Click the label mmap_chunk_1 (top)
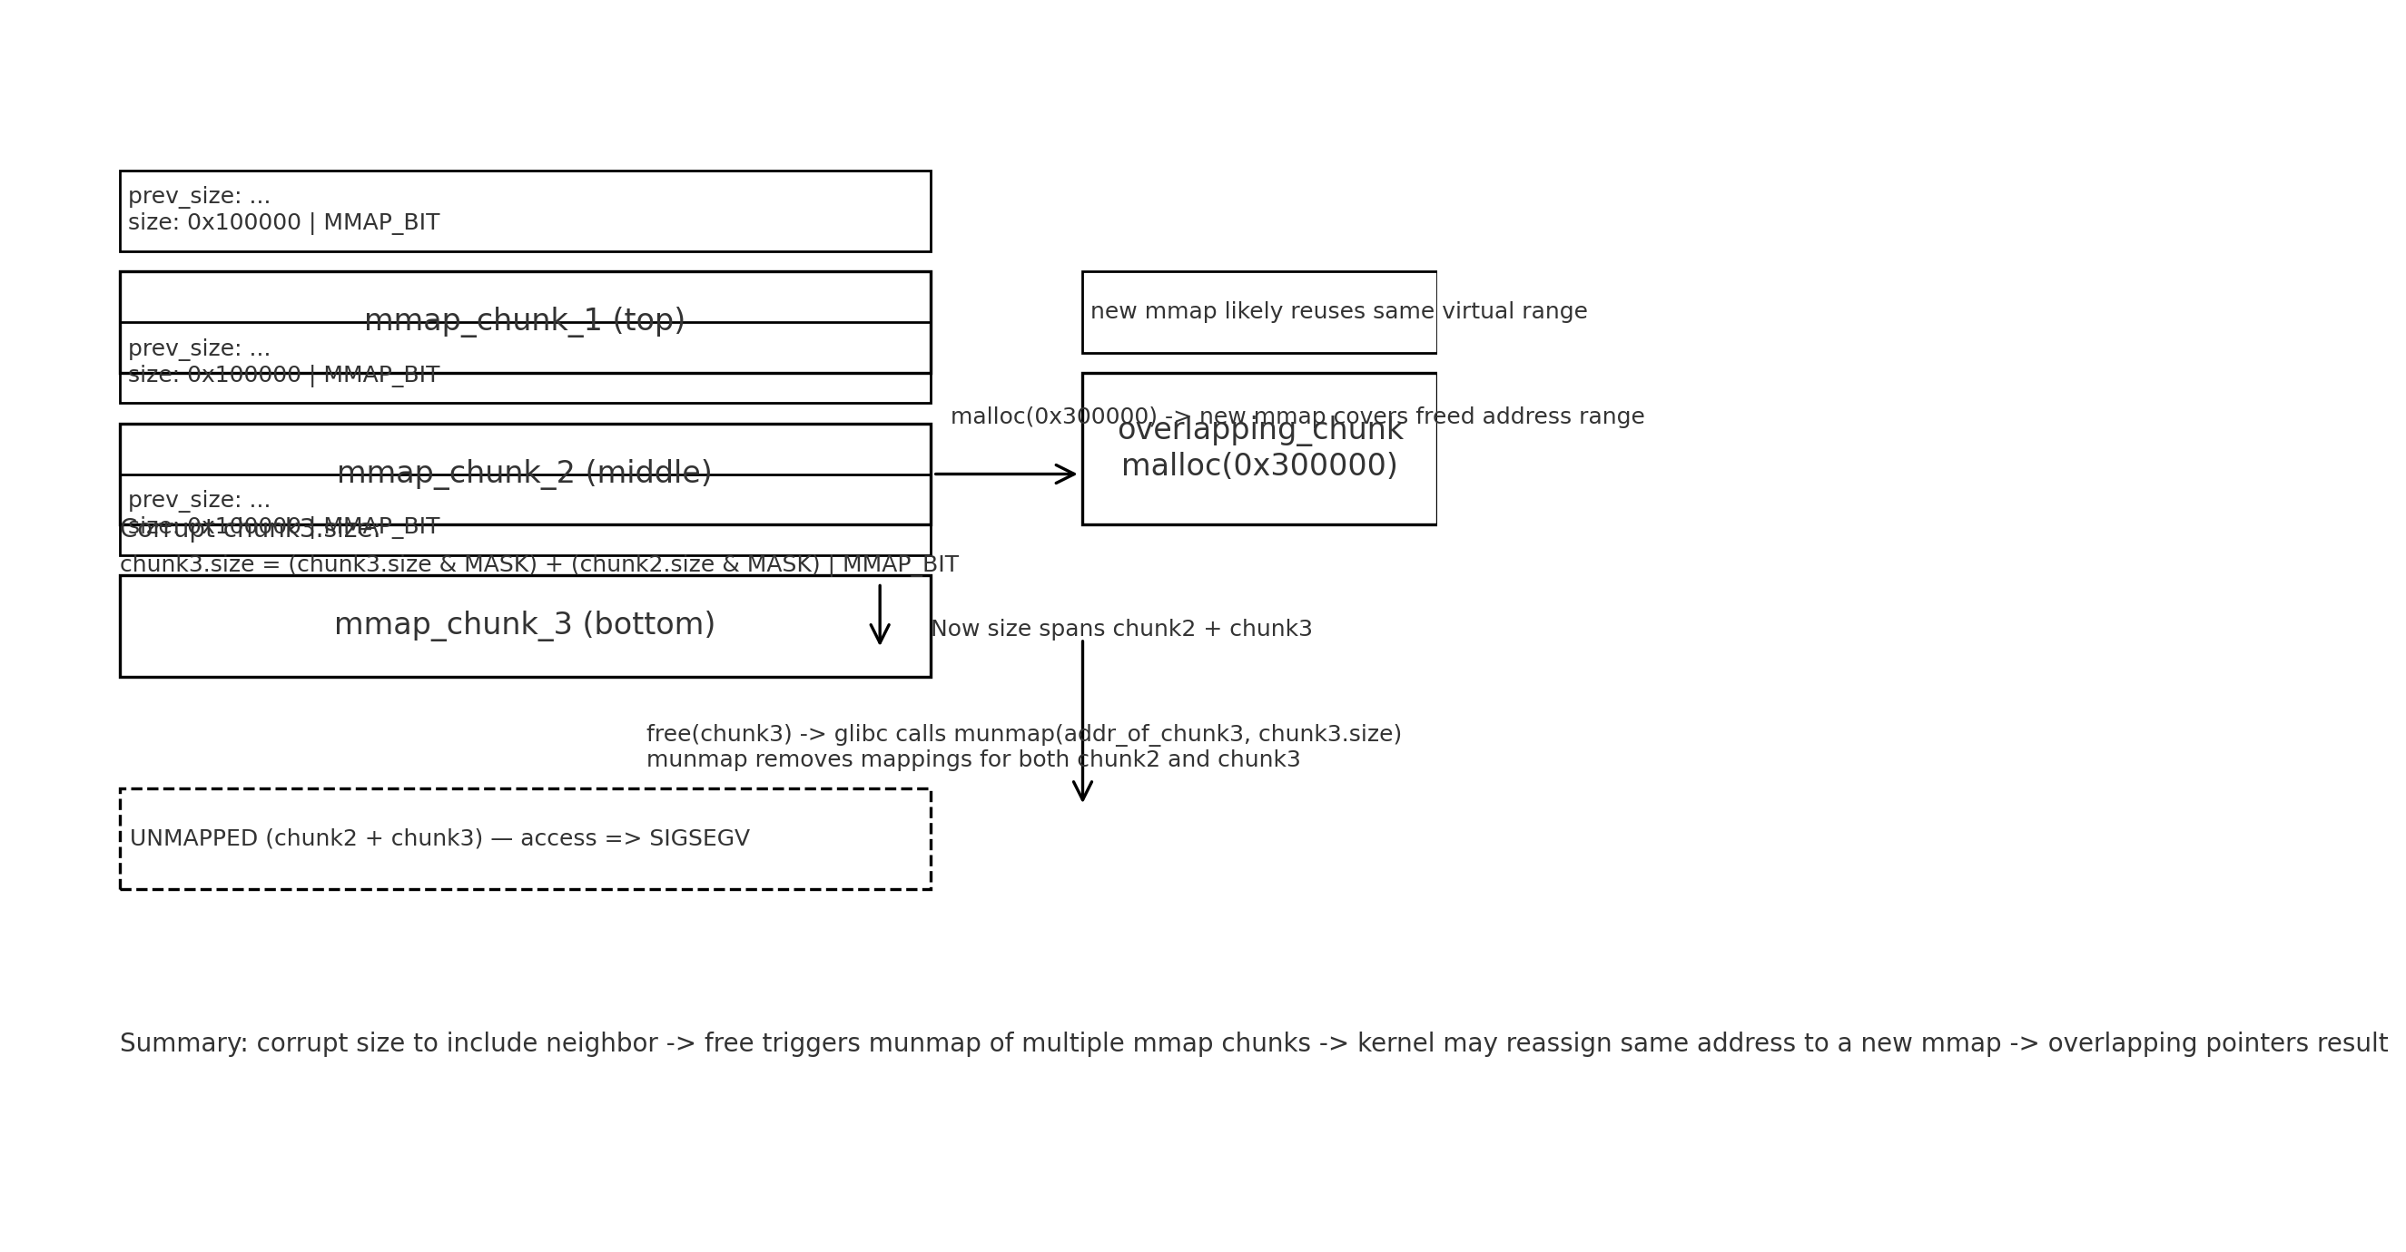524,320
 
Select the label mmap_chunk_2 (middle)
524,473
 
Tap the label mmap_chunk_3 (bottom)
524,624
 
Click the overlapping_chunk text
1259,429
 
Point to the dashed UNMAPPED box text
439,838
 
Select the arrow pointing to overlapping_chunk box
1005,474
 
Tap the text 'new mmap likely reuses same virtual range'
1337,312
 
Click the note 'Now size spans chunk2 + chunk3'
1120,630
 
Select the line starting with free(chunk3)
1022,734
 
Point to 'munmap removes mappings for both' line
972,760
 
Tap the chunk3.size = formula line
538,565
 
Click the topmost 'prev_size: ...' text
199,196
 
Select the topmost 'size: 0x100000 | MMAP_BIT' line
283,222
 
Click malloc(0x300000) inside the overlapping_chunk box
1259,465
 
